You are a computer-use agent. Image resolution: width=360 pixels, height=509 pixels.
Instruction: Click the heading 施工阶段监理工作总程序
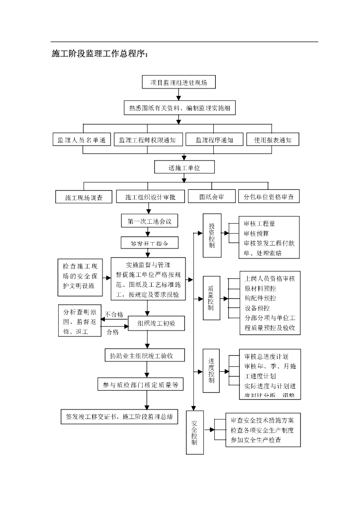100,54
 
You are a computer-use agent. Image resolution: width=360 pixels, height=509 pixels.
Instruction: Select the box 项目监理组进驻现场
179,83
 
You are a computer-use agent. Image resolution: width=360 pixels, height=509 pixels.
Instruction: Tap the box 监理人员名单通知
82,140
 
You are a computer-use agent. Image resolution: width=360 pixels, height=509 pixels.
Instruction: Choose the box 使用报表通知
272,140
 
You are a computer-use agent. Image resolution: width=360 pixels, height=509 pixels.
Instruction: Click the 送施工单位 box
184,168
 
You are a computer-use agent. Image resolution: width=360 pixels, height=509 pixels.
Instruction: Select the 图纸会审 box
211,197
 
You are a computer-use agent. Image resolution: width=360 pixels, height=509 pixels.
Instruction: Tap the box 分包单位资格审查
269,197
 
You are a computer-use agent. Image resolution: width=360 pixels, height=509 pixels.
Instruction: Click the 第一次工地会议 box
149,221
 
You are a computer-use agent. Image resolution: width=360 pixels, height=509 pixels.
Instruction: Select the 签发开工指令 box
149,244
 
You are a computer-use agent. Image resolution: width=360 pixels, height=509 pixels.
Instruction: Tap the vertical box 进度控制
212,370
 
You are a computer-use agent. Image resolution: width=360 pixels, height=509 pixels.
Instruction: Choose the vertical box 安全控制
194,432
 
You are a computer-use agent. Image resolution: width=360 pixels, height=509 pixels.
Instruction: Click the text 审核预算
257,233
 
